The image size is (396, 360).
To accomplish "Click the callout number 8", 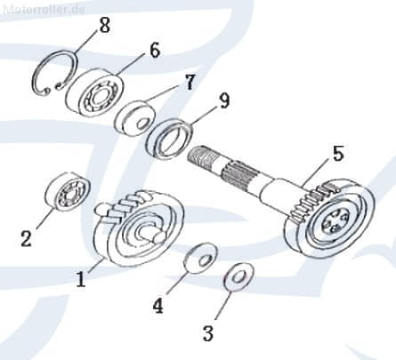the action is coord(104,25).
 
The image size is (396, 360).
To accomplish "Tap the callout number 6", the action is coord(155,50).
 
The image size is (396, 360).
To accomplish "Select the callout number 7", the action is coord(189,82).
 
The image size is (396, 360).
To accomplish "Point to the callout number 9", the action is coord(224,101).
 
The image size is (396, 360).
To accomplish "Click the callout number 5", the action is coord(338,154).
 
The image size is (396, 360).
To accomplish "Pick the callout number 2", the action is coord(26,239).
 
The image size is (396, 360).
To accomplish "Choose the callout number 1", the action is coord(81,279).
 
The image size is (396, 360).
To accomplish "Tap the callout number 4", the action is coord(158,306).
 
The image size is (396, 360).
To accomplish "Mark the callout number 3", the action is coord(207,333).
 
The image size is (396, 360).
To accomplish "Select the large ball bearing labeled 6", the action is coord(94,92).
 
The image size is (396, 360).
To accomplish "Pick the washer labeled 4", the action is coord(201,258).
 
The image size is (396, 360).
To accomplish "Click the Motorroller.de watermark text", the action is coord(44,9).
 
